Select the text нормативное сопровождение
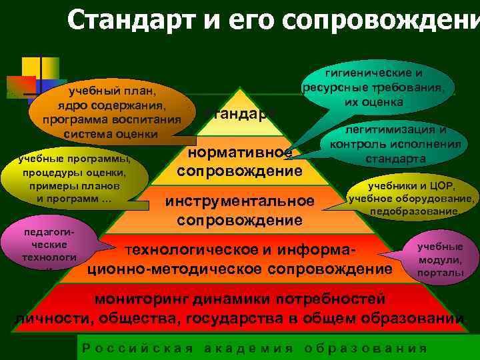240,162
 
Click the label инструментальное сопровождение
240,210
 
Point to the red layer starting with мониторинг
240,307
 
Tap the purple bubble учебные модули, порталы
440,260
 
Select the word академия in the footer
249,348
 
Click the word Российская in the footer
137,348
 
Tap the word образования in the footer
365,348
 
